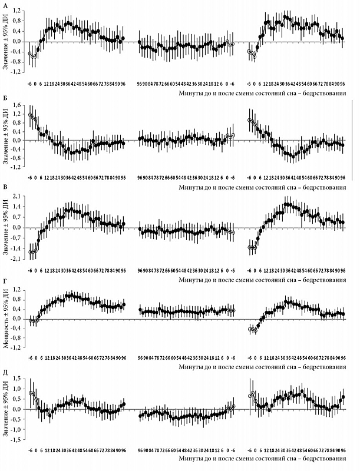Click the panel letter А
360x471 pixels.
[5, 5]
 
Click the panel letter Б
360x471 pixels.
[5, 100]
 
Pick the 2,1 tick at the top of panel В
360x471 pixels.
[19, 196]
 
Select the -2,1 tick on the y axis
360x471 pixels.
[18, 258]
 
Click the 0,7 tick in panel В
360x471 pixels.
[19, 217]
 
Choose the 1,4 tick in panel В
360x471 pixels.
[19, 207]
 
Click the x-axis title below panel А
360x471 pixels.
[262, 93]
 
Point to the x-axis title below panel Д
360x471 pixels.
[262, 457]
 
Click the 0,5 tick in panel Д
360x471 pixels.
[19, 399]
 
